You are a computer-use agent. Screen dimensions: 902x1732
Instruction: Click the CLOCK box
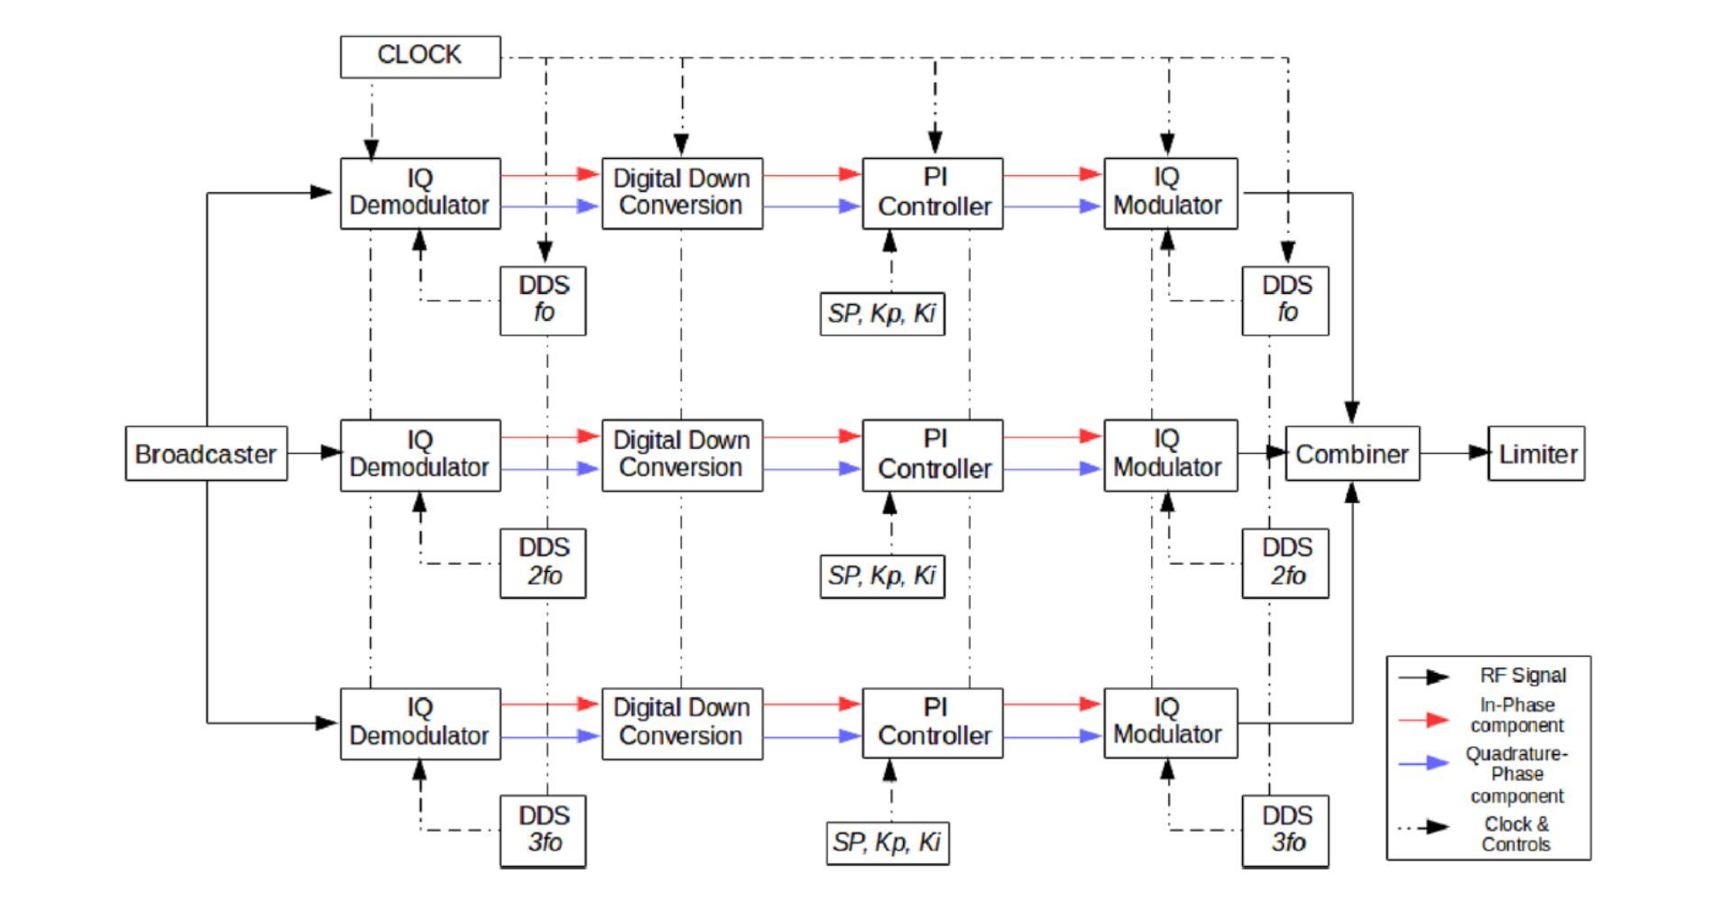(419, 56)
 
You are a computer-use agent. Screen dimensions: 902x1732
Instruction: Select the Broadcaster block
(206, 453)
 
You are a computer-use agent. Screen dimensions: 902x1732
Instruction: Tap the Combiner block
(1351, 453)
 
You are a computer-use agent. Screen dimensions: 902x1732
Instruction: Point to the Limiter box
(1536, 453)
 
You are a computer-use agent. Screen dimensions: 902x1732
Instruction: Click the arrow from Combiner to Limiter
(1453, 452)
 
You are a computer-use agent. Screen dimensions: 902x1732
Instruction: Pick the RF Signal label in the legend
(1523, 675)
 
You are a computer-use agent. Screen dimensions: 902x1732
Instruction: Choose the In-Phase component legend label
(1517, 715)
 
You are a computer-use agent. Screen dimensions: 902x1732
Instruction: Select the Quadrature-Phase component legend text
(1516, 774)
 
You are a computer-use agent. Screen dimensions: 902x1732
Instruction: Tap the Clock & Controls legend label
(1515, 833)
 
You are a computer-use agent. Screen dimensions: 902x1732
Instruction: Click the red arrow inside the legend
(1423, 719)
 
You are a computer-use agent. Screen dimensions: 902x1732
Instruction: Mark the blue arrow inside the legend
(1423, 763)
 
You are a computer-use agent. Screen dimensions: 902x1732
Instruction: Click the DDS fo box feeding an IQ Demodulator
(543, 299)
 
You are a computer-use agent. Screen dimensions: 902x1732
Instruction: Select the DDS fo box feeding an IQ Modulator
(1285, 299)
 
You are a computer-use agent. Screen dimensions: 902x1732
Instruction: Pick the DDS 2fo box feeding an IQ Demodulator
(543, 562)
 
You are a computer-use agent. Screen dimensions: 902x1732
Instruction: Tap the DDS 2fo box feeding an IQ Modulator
(1285, 562)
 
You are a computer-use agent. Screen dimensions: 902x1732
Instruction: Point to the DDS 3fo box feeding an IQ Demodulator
(543, 830)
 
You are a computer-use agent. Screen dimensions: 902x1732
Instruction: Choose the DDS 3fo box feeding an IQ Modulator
(1285, 830)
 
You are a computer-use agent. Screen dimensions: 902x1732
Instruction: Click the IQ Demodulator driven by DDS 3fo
(419, 723)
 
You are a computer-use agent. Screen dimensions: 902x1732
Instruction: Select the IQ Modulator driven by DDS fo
(1170, 192)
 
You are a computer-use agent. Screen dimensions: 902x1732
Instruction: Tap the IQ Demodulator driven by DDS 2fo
(419, 454)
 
